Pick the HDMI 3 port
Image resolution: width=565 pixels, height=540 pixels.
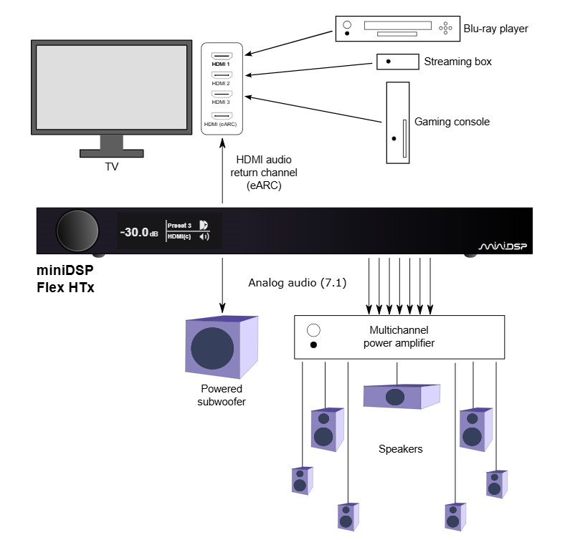coord(221,95)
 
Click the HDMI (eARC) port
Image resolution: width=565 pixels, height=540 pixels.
coord(221,115)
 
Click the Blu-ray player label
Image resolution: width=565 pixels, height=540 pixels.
coord(495,29)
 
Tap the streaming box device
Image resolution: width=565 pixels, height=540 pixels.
coord(398,62)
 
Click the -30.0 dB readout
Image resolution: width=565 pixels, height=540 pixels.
coord(138,232)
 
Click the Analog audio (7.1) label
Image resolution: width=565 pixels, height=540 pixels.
coord(297,283)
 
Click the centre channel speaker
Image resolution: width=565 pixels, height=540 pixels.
coord(401,396)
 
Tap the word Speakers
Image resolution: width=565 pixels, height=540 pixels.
coord(400,450)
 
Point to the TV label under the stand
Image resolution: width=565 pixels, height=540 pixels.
coord(111,166)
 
